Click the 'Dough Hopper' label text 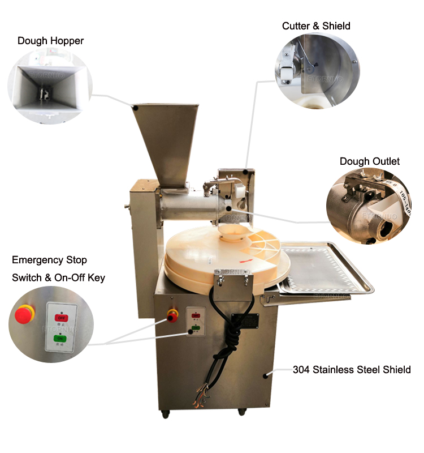(50, 41)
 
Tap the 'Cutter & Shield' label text (316, 26)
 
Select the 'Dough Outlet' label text (369, 161)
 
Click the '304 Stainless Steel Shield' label (351, 370)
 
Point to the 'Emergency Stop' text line (49, 260)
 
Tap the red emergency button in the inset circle (24, 313)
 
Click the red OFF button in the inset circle (60, 317)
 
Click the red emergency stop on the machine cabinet (173, 315)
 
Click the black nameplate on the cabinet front (244, 320)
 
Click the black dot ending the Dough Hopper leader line (136, 106)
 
